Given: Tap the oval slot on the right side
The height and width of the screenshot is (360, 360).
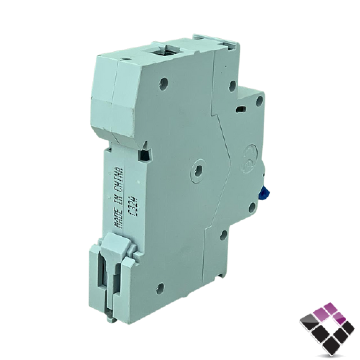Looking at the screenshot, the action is point(241,109).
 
